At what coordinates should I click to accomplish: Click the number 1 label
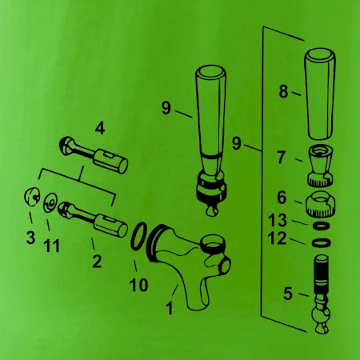pyautogui.click(x=170, y=308)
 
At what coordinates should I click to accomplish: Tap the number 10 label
pyautogui.click(x=138, y=285)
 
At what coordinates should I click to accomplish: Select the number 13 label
pyautogui.click(x=278, y=220)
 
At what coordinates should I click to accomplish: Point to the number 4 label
pyautogui.click(x=100, y=129)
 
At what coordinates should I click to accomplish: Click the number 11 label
pyautogui.click(x=52, y=246)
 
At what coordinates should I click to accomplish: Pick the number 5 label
pyautogui.click(x=288, y=294)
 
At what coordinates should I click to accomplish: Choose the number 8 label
pyautogui.click(x=284, y=91)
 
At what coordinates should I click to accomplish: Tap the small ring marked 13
pyautogui.click(x=321, y=226)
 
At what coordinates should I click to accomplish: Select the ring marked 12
pyautogui.click(x=322, y=242)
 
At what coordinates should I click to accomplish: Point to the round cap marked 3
pyautogui.click(x=32, y=197)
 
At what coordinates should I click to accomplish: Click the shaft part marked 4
pyautogui.click(x=94, y=154)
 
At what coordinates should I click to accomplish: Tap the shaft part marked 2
pyautogui.click(x=93, y=219)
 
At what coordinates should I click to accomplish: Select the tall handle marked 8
pyautogui.click(x=320, y=94)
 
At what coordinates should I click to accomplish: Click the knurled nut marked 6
pyautogui.click(x=320, y=203)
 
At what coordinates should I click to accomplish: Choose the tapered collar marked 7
pyautogui.click(x=321, y=166)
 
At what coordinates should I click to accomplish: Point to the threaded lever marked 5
pyautogui.click(x=321, y=294)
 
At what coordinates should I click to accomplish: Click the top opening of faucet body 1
pyautogui.click(x=213, y=242)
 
